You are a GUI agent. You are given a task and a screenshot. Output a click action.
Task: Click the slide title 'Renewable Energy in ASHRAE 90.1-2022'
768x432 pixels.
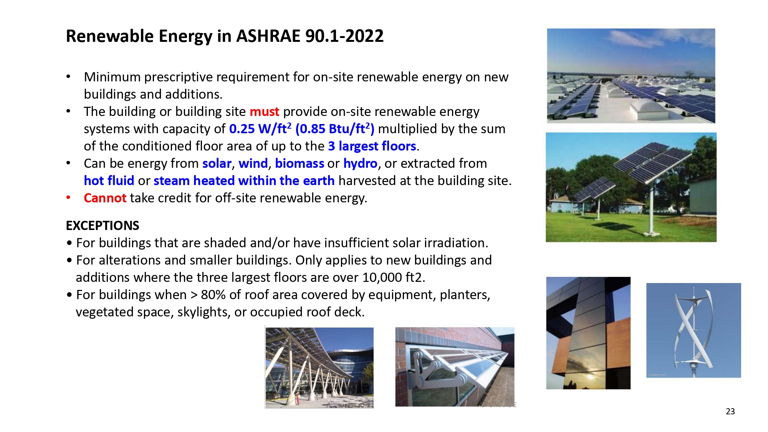click(225, 36)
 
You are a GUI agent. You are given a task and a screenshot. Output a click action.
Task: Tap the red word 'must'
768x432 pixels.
click(264, 112)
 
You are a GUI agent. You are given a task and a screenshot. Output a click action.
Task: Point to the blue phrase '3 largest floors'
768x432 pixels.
click(372, 146)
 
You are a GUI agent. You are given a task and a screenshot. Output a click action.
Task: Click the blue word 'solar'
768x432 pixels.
click(217, 164)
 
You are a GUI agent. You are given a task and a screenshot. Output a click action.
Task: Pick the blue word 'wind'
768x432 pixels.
click(253, 164)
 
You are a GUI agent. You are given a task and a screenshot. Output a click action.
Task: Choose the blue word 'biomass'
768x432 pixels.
click(300, 164)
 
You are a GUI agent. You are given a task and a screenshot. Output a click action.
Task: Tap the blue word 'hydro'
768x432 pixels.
click(360, 164)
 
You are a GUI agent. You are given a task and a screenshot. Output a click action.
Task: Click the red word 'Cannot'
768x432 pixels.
click(105, 198)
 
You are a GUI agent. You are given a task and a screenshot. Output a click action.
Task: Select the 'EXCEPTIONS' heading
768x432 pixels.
click(103, 225)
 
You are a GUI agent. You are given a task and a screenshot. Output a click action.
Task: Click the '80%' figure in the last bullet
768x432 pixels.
click(213, 295)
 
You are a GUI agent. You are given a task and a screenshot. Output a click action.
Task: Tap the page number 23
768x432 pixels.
click(730, 411)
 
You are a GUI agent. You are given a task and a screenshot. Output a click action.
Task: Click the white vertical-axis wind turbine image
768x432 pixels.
click(694, 330)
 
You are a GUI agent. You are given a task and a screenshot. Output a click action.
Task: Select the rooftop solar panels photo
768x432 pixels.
click(631, 76)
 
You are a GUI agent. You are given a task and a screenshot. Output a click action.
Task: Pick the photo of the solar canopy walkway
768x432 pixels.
click(319, 367)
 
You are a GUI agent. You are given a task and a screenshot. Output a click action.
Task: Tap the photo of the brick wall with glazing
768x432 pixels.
click(455, 367)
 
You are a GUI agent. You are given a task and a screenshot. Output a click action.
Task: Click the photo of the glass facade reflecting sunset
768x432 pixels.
click(588, 333)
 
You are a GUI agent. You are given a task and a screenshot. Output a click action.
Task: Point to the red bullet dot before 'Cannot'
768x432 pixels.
click(68, 198)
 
